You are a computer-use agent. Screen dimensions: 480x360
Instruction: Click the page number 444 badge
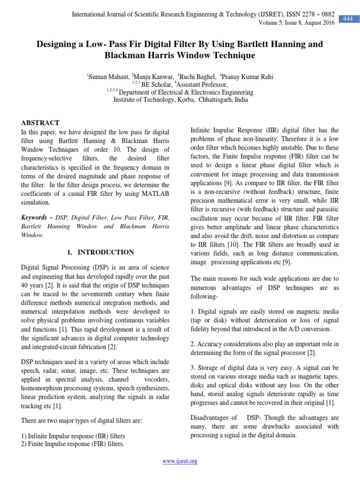click(x=348, y=18)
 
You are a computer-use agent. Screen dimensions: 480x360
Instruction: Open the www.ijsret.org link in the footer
click(x=180, y=461)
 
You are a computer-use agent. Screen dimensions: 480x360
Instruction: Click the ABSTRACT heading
click(x=40, y=123)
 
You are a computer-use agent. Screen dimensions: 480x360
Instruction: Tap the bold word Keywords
click(x=36, y=218)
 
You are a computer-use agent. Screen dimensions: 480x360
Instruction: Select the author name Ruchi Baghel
click(x=197, y=77)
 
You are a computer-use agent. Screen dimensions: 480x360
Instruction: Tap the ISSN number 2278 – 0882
click(x=312, y=15)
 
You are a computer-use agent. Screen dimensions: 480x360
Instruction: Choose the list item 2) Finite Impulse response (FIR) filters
click(x=73, y=444)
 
